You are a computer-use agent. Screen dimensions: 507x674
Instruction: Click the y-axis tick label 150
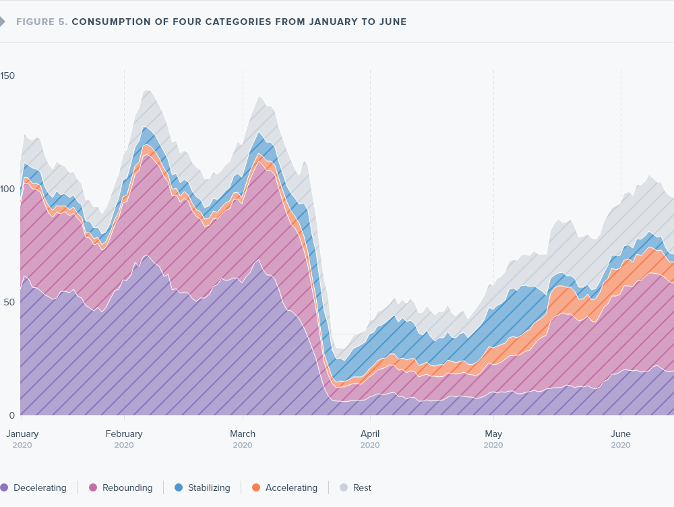click(7, 76)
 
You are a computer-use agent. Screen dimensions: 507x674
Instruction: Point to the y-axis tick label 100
click(7, 189)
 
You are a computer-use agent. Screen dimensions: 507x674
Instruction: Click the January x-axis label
click(22, 434)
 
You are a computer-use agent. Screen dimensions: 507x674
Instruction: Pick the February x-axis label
click(124, 434)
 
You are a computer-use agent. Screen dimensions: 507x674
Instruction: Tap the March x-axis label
click(243, 434)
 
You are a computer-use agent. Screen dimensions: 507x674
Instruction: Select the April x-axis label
click(370, 434)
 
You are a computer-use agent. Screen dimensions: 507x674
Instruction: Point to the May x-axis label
click(493, 434)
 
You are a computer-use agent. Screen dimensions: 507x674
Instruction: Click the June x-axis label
click(621, 434)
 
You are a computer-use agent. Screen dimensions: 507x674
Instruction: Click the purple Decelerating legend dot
click(4, 487)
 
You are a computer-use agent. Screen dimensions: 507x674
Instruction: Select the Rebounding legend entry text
click(127, 487)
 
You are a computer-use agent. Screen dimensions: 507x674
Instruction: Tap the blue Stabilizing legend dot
click(179, 487)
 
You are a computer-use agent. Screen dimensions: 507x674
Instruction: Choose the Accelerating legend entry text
click(291, 487)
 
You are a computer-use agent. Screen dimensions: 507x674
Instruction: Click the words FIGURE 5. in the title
click(41, 22)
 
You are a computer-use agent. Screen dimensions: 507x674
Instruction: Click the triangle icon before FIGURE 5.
click(3, 22)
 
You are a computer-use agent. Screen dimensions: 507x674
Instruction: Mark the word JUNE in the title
click(392, 22)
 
